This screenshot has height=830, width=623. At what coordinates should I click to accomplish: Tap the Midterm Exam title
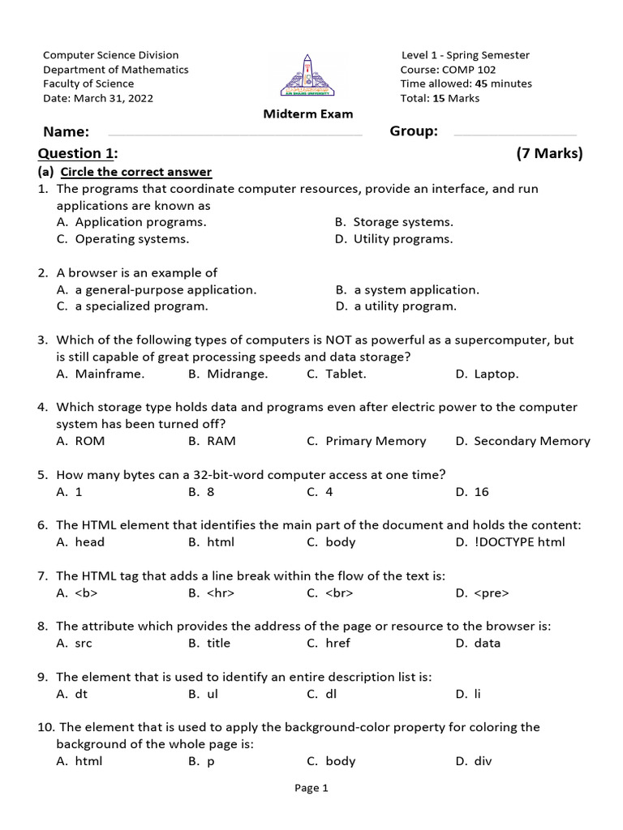coord(308,114)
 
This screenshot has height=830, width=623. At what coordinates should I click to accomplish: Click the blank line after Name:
coord(234,134)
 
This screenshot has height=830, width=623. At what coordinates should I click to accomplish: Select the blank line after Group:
coord(514,134)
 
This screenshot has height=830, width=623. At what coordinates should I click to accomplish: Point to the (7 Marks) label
coord(549,153)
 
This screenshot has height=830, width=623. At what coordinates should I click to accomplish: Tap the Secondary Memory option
coord(531,441)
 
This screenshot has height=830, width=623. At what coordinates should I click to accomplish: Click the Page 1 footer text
coord(311,788)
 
